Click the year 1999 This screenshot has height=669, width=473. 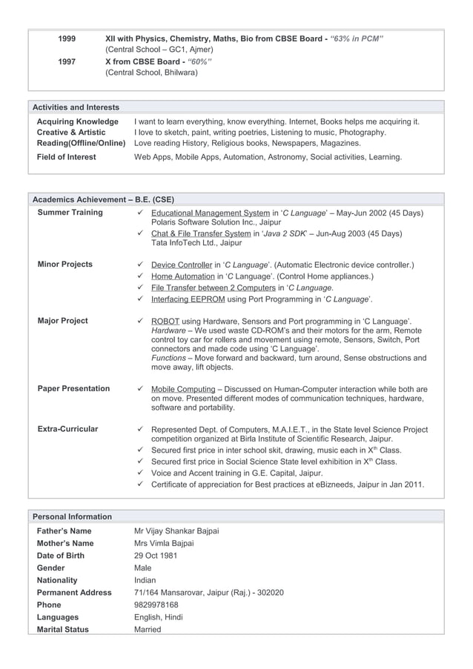[66, 38]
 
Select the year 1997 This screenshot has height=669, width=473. [66, 61]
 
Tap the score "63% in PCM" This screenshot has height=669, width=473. [357, 38]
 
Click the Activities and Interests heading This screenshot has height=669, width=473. [76, 107]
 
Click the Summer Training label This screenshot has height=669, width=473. [70, 213]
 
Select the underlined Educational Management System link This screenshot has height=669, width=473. [210, 213]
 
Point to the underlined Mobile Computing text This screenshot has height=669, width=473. [182, 389]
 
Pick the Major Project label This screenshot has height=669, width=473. [62, 321]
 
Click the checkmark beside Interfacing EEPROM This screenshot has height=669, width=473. [140, 299]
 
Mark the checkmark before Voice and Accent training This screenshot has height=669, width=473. [140, 473]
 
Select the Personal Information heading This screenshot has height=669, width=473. [71, 516]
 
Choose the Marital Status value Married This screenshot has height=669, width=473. [148, 630]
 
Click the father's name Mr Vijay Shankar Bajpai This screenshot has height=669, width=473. [176, 531]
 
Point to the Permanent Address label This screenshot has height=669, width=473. [74, 593]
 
